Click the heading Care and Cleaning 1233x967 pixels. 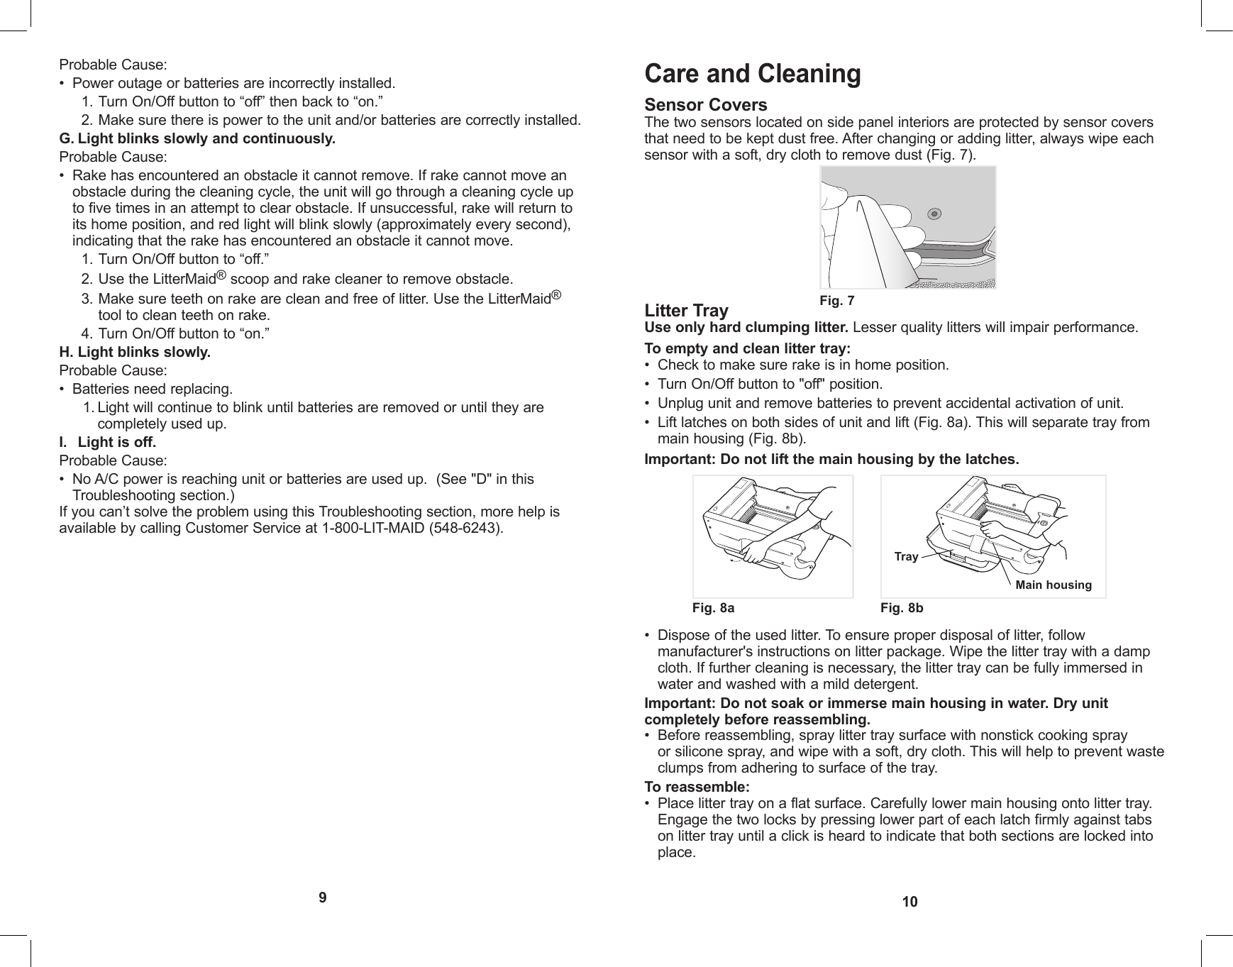pyautogui.click(x=752, y=74)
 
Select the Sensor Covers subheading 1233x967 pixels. pyautogui.click(x=705, y=105)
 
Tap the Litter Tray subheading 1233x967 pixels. pyautogui.click(x=685, y=311)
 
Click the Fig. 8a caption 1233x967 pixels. pyautogui.click(x=713, y=608)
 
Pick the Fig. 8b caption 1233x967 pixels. pyautogui.click(x=902, y=608)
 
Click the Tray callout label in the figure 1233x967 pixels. pyautogui.click(x=906, y=557)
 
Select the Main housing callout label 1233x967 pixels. pyautogui.click(x=1053, y=585)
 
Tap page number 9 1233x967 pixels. pyautogui.click(x=323, y=897)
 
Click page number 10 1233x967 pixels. pyautogui.click(x=909, y=902)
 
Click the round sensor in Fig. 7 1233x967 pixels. pyautogui.click(x=935, y=214)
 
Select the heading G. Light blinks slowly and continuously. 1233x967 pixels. pyautogui.click(x=197, y=138)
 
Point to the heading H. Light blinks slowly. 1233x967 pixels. pyautogui.click(x=135, y=352)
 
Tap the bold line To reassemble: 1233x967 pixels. pyautogui.click(x=696, y=787)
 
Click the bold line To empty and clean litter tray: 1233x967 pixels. pyautogui.click(x=746, y=348)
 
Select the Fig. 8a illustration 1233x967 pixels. pyautogui.click(x=773, y=536)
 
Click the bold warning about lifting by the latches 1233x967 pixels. pyautogui.click(x=831, y=459)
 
